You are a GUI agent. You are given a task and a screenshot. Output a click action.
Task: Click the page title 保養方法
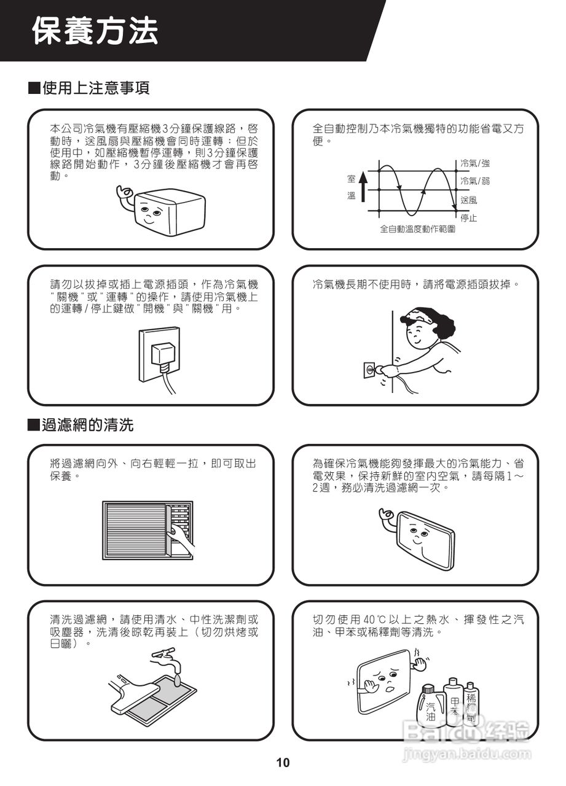(x=95, y=31)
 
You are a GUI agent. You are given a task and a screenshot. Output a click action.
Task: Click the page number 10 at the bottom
(x=283, y=763)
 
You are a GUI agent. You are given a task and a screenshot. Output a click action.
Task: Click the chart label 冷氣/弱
(x=475, y=181)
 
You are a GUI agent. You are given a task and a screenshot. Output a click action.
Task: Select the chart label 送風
(x=469, y=200)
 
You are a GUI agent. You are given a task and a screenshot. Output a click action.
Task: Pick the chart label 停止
(x=469, y=218)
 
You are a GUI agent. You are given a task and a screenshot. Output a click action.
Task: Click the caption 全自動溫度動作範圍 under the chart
(x=417, y=229)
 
